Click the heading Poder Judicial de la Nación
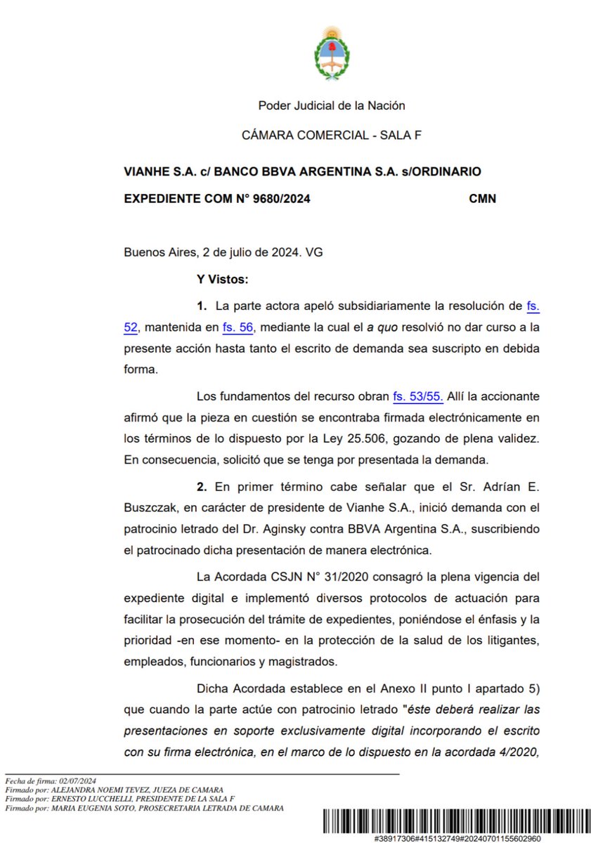click(332, 106)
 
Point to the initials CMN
click(482, 199)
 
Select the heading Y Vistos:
click(223, 279)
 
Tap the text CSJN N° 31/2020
click(294, 577)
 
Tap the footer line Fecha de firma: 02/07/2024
click(50, 780)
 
